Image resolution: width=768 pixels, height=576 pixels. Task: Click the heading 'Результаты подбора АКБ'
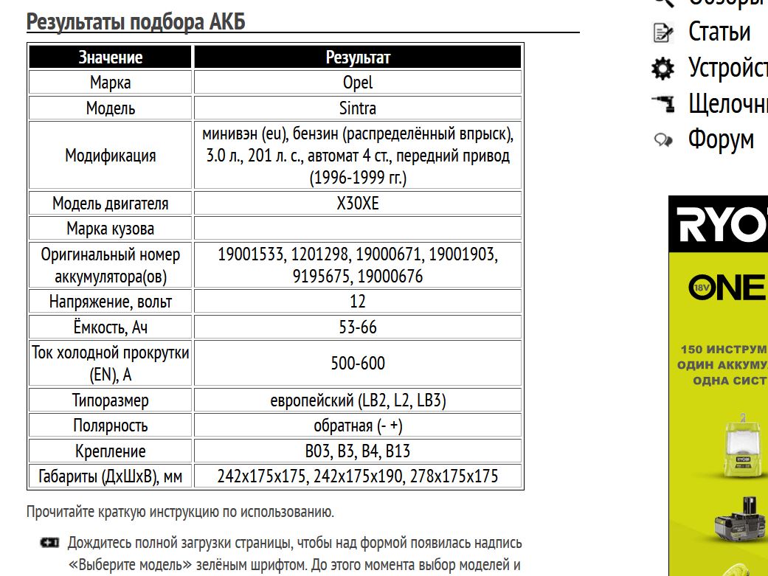(x=136, y=23)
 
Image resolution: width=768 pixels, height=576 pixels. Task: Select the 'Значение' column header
(x=111, y=58)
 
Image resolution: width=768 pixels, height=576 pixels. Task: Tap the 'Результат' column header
(x=358, y=58)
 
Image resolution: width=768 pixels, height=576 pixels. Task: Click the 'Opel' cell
(x=358, y=83)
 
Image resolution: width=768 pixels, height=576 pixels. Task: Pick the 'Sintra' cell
(x=358, y=108)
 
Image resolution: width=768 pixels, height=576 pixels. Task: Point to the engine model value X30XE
(x=358, y=204)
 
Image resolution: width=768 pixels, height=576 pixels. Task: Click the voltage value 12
(x=358, y=302)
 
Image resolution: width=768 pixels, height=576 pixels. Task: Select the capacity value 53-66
(x=358, y=327)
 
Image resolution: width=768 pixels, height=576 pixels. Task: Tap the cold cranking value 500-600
(x=358, y=364)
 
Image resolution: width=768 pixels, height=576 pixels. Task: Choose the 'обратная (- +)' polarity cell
(x=358, y=426)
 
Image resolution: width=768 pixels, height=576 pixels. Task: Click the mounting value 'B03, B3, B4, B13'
(x=358, y=451)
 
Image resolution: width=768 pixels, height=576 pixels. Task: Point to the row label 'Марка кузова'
(x=111, y=229)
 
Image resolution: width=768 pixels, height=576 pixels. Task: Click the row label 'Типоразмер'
(x=111, y=401)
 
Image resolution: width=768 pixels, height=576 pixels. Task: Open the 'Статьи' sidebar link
(x=719, y=32)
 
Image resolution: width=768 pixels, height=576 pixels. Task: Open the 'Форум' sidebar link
(x=721, y=139)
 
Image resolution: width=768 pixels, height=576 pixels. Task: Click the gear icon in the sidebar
(x=663, y=69)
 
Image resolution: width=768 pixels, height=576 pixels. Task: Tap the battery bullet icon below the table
(x=49, y=544)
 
